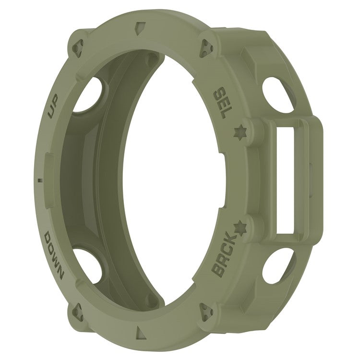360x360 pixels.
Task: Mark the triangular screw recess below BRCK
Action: (207, 312)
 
